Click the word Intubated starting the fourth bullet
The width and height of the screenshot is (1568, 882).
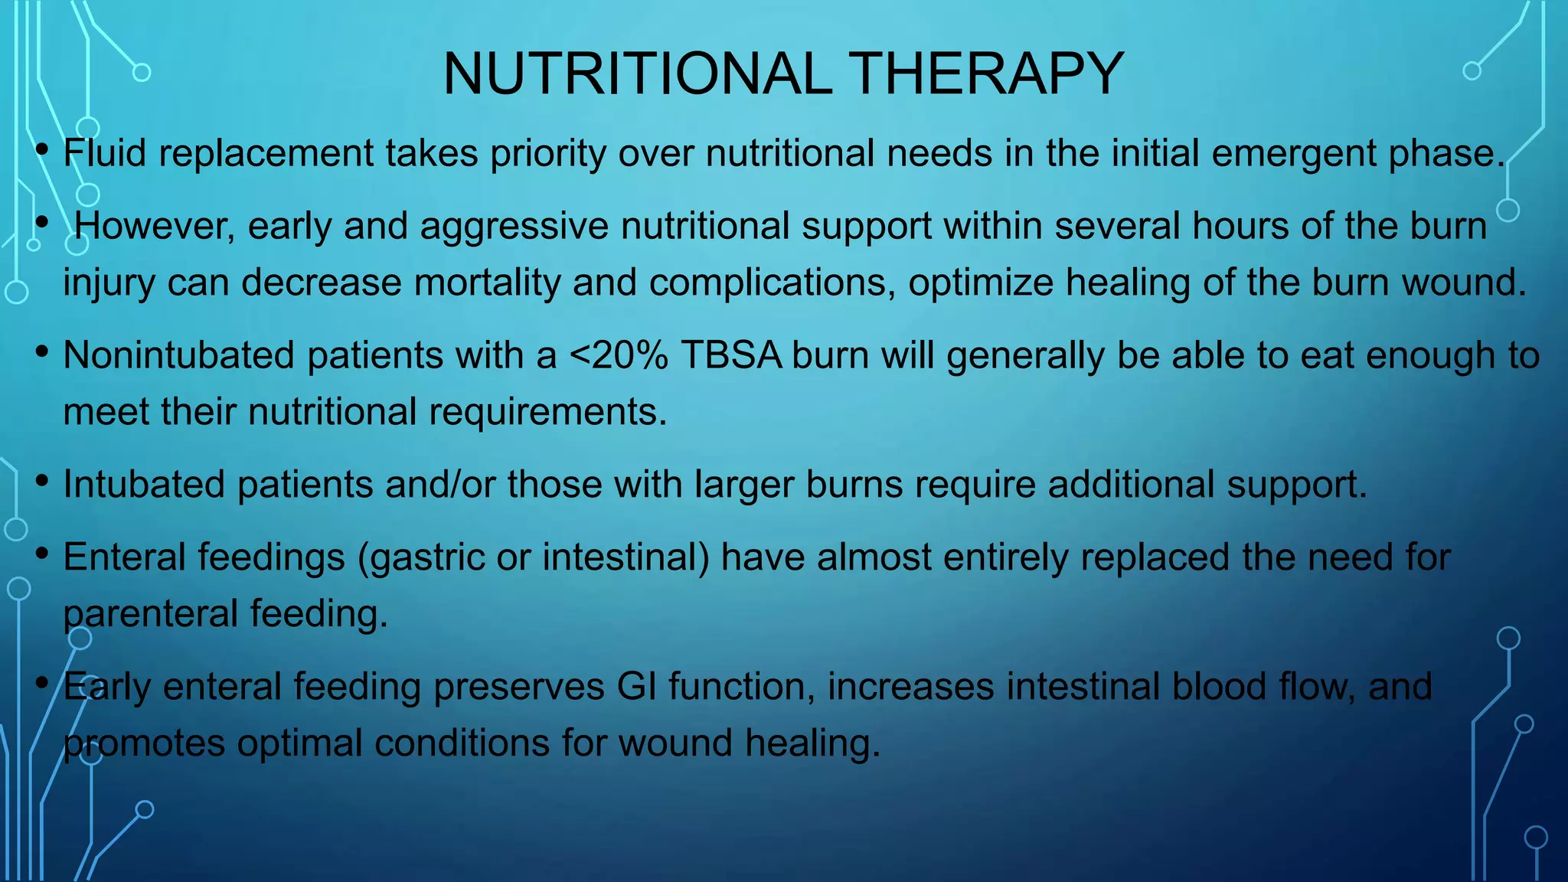click(x=144, y=485)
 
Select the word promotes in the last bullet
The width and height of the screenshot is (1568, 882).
click(x=144, y=743)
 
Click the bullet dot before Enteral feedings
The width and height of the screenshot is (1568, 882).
click(x=43, y=553)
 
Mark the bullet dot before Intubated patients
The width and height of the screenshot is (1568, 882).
click(x=43, y=481)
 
